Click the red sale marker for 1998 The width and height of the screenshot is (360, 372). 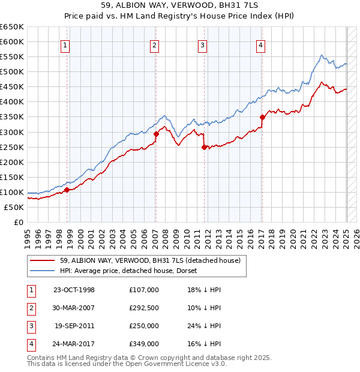pos(67,190)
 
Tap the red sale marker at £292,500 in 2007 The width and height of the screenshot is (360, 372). pos(156,134)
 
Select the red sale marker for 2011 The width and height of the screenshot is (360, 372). pos(204,146)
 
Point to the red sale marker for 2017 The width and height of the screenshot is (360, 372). pos(262,117)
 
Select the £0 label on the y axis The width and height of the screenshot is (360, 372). pos(18,222)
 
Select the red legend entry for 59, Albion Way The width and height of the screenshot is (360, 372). pos(150,260)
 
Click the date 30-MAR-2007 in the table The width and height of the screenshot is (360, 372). pos(74,308)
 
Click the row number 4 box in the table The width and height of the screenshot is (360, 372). pos(31,344)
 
